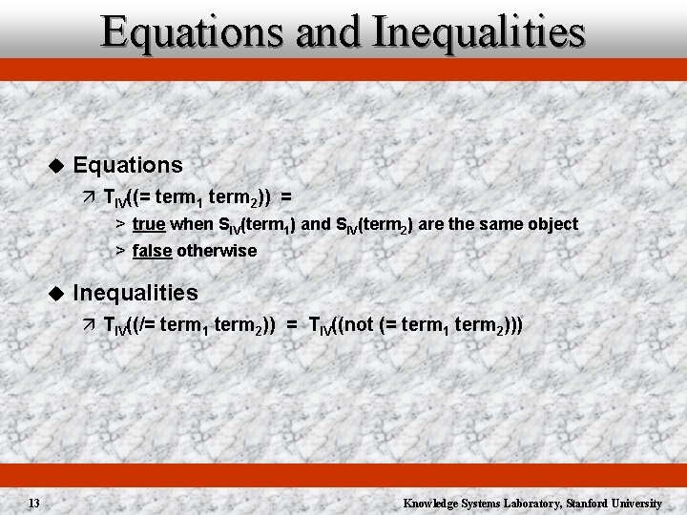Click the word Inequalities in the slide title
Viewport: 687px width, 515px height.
point(480,31)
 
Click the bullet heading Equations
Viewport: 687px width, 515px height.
point(128,165)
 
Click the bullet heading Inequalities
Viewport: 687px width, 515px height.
point(135,293)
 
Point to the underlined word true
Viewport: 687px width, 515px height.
point(148,224)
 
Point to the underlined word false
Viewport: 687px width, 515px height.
point(153,251)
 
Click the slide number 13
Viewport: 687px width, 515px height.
point(33,503)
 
